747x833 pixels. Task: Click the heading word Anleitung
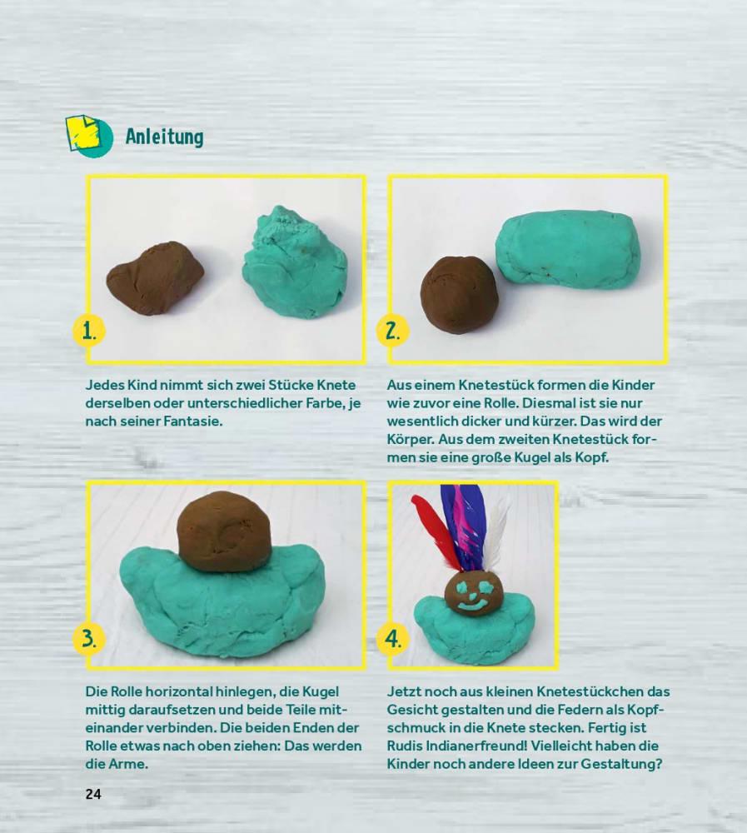pos(164,137)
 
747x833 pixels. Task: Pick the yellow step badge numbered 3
pos(89,638)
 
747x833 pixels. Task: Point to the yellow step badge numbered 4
pos(392,638)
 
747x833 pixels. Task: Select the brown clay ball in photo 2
pos(460,292)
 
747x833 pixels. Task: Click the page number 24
pos(93,794)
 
